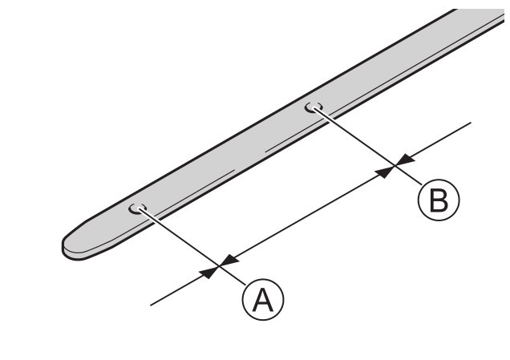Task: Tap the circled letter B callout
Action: click(x=438, y=200)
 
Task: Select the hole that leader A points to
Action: click(x=139, y=208)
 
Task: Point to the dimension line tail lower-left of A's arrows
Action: click(x=172, y=293)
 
